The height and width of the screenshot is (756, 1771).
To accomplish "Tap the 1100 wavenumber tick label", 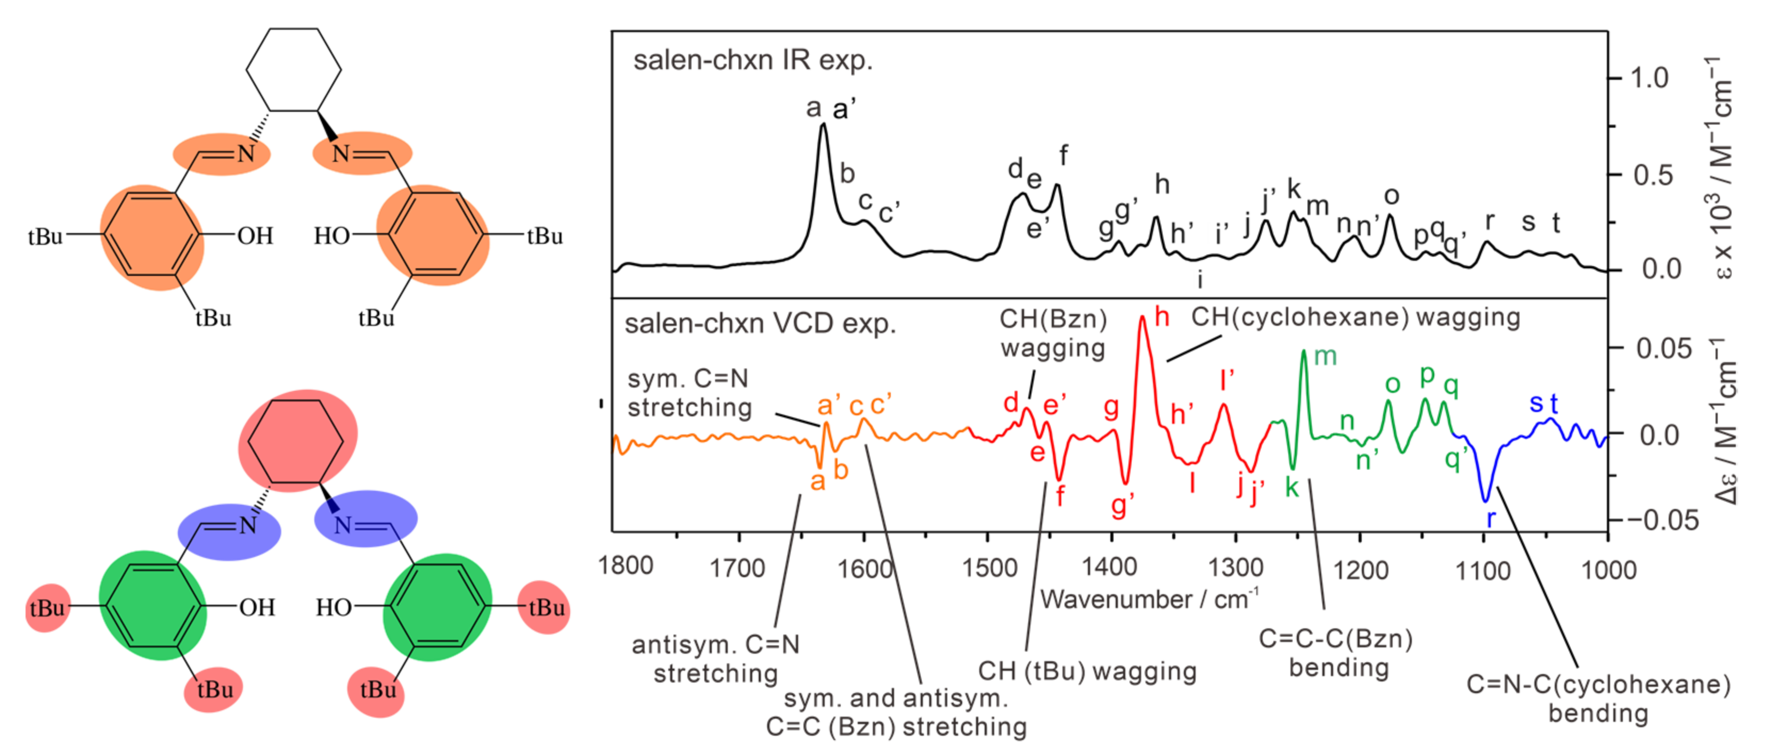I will (x=1483, y=570).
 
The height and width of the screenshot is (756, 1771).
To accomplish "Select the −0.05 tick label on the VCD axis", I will (x=1662, y=520).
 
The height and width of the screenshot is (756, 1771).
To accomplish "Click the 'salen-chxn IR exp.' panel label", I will (x=752, y=61).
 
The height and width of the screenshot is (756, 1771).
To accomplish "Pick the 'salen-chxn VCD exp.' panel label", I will (x=760, y=323).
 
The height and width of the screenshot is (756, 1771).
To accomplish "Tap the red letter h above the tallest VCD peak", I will (x=1162, y=317).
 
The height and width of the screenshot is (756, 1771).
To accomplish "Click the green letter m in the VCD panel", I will (x=1325, y=356).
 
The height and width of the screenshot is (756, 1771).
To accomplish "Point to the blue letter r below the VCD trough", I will (x=1491, y=518).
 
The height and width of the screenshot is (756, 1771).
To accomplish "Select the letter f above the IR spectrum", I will (x=1063, y=155).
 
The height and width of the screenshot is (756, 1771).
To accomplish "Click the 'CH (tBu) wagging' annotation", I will (x=1087, y=671).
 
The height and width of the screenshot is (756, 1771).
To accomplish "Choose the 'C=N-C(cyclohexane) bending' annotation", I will (x=1598, y=699).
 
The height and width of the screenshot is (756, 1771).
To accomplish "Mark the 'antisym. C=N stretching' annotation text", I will (x=716, y=659).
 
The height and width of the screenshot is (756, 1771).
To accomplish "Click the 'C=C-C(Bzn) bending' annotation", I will (x=1336, y=653).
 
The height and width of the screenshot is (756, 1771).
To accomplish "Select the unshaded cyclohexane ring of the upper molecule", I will (x=294, y=69).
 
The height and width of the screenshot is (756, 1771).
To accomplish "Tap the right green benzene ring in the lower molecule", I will (x=436, y=606).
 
